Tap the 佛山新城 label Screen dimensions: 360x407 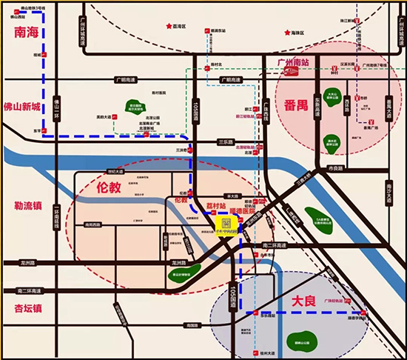click(22, 107)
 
